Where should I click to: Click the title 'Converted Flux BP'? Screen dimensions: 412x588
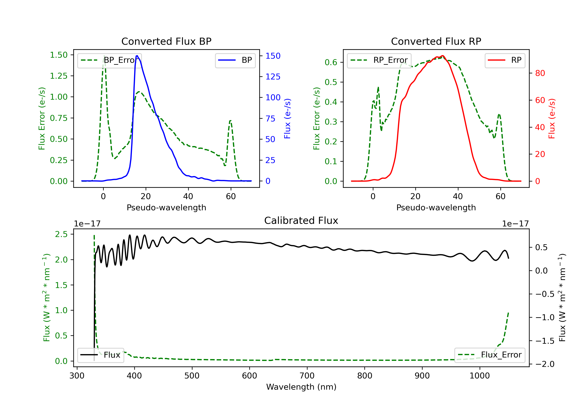[x=166, y=41]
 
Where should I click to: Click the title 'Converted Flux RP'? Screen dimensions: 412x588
[x=436, y=41]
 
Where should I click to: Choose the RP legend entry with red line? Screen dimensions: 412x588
[x=505, y=60]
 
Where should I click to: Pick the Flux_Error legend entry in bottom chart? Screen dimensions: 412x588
[x=489, y=355]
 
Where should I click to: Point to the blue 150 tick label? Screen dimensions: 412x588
[x=273, y=56]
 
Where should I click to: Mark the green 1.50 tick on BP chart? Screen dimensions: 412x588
[x=59, y=55]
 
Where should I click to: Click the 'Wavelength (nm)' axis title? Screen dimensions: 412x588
[x=301, y=387]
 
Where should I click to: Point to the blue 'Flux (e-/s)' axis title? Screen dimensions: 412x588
[x=287, y=118]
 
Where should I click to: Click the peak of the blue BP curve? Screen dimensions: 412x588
[x=137, y=56]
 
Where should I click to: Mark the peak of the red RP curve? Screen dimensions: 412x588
[x=442, y=56]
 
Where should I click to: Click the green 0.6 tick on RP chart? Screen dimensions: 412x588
[x=331, y=62]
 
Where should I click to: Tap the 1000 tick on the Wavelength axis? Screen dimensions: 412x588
[x=479, y=376]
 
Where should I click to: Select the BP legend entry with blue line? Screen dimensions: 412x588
[x=235, y=60]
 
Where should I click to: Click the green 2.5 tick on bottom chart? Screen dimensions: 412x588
[x=61, y=234]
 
